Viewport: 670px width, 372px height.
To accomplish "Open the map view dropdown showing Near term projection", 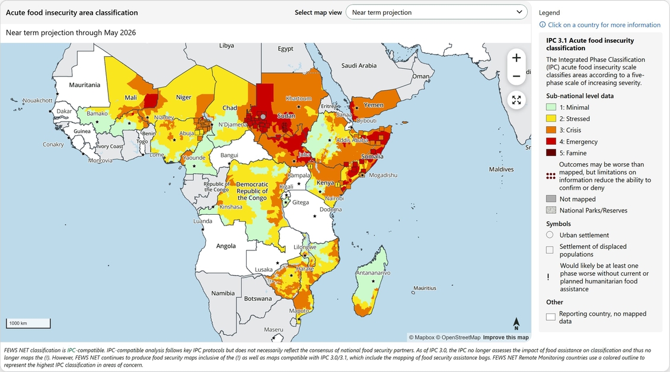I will [x=436, y=12].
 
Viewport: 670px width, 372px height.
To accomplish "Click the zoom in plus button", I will [x=516, y=58].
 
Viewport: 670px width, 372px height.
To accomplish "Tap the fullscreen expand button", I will [x=516, y=100].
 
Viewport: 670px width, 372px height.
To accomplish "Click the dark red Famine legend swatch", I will [x=551, y=153].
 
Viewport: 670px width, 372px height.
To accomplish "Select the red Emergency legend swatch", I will [x=551, y=142].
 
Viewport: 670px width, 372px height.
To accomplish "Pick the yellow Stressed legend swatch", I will [x=551, y=119].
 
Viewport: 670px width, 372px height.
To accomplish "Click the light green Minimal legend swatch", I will [x=551, y=107].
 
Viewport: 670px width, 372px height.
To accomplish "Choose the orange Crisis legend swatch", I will [x=551, y=130].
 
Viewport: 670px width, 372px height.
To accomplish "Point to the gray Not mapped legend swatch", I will [x=551, y=199].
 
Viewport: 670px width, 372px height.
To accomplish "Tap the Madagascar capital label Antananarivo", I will [x=373, y=273].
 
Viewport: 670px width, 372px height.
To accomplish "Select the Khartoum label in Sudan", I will [x=298, y=98].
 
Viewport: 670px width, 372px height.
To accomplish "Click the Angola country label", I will [x=225, y=246].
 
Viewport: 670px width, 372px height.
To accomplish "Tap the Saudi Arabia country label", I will [x=359, y=66].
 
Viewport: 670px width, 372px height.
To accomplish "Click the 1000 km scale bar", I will [x=28, y=323].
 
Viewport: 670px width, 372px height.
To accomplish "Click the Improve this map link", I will [x=505, y=338].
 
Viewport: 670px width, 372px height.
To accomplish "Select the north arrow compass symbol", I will [x=516, y=323].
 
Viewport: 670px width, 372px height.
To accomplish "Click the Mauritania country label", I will [x=85, y=85].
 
